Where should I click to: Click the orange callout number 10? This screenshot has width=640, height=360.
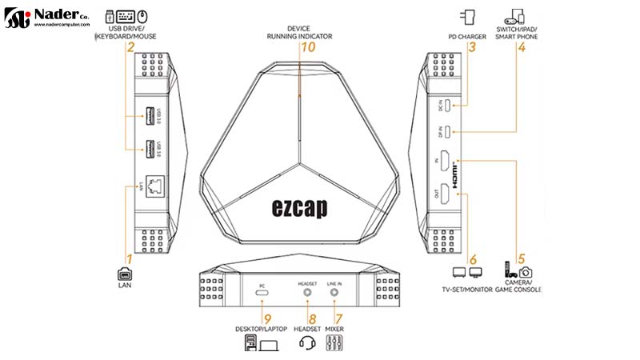[x=306, y=48]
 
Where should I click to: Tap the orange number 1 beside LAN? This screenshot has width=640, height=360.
[x=129, y=259]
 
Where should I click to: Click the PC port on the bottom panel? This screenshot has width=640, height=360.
[x=262, y=294]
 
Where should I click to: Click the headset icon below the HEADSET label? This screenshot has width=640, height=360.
[x=308, y=343]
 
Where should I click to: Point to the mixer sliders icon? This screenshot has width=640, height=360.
[x=334, y=343]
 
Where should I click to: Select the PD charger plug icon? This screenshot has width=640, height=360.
[x=469, y=16]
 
